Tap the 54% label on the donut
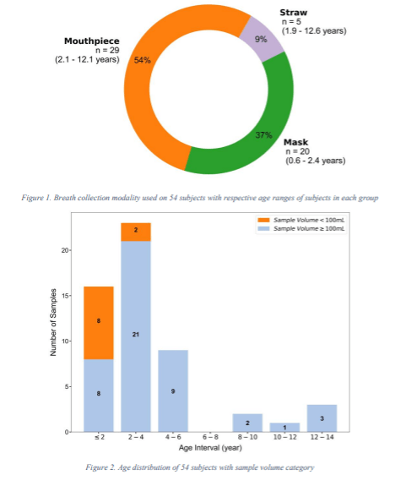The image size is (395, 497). (x=143, y=60)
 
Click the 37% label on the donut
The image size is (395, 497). (x=263, y=135)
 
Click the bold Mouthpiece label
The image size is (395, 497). (x=93, y=41)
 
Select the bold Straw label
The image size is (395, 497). (x=294, y=14)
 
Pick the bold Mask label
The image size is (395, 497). (x=296, y=141)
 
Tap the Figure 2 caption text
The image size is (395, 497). (x=198, y=466)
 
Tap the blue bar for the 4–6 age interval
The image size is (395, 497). (x=173, y=391)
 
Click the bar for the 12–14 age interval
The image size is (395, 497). (x=322, y=418)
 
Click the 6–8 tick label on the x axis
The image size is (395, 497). (x=210, y=439)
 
